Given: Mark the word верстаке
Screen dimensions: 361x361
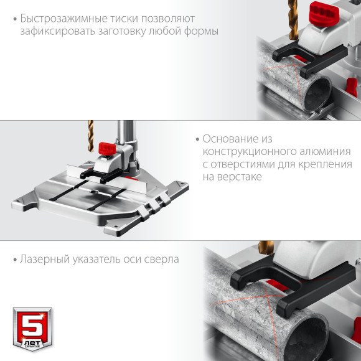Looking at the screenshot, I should coord(240,177).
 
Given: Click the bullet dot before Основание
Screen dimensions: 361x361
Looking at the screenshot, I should coord(197,139).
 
